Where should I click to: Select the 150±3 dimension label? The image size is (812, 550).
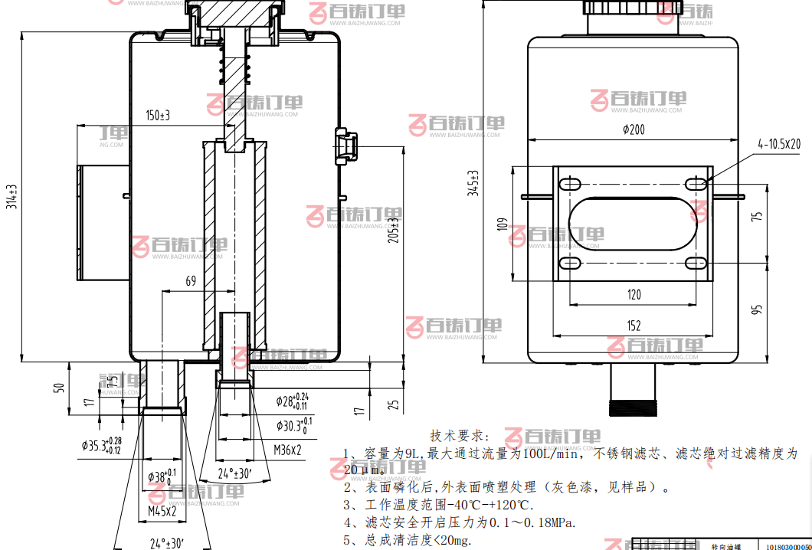[x=158, y=116]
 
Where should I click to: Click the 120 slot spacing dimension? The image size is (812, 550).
[x=634, y=295]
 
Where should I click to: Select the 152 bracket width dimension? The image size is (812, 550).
[x=634, y=326]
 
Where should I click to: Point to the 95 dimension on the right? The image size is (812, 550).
[x=758, y=309]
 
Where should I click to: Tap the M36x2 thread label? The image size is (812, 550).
[x=287, y=450]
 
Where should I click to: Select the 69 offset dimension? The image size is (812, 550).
[x=191, y=282]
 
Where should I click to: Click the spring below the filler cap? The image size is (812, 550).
[x=235, y=69]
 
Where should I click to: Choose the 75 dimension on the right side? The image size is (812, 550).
[x=758, y=217]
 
